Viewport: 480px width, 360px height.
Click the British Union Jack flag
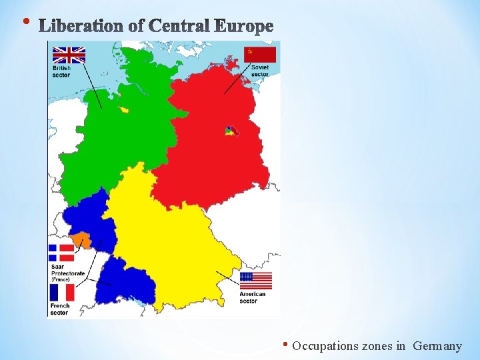(69, 55)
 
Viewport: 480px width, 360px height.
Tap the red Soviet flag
(260, 55)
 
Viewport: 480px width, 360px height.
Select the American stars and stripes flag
(256, 281)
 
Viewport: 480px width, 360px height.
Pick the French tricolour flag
(61, 292)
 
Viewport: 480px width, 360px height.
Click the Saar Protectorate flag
(61, 252)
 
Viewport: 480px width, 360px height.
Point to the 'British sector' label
(61, 71)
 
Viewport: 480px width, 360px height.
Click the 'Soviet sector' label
(259, 71)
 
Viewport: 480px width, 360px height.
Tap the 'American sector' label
(253, 297)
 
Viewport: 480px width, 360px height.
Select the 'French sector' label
(59, 309)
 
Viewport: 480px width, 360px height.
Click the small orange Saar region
(81, 239)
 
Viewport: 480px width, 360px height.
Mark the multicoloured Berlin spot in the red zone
(230, 130)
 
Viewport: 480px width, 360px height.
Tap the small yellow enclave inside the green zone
(124, 109)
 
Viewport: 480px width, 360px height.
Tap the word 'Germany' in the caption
(437, 346)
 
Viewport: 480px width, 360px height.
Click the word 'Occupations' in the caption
(325, 346)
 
